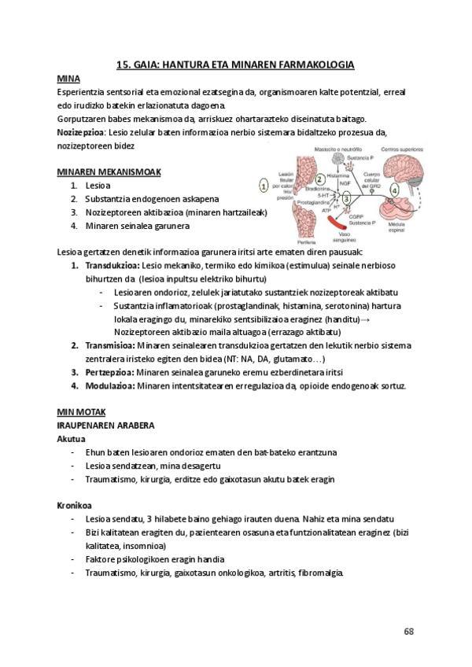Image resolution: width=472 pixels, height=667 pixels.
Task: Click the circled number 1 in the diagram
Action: click(x=264, y=186)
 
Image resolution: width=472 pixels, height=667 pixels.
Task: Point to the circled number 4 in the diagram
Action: click(x=393, y=190)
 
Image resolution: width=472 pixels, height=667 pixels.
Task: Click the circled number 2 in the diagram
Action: click(x=319, y=179)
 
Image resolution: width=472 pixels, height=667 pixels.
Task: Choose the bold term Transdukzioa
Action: click(x=109, y=266)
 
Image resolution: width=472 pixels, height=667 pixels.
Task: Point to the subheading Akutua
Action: click(x=72, y=438)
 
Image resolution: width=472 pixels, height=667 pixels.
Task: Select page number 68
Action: click(x=408, y=631)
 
